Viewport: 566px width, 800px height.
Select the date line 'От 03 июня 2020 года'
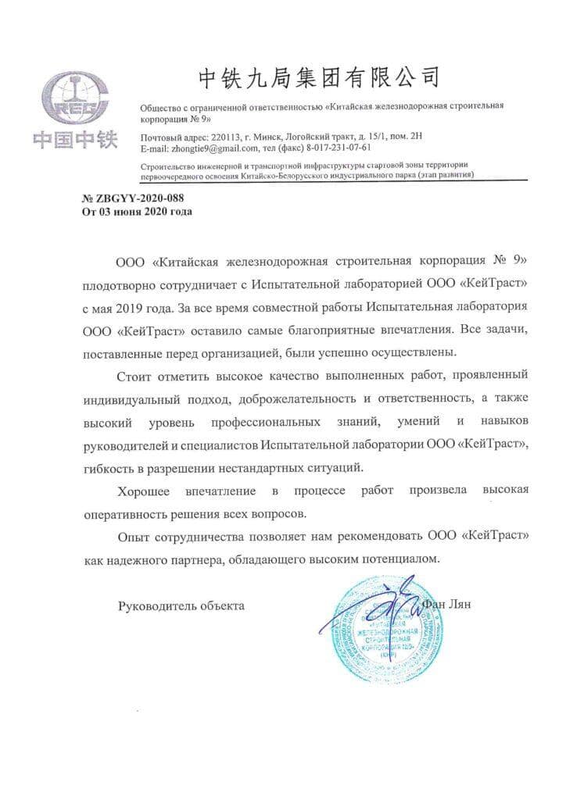[137, 211]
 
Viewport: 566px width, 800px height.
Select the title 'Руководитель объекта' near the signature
[181, 605]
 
